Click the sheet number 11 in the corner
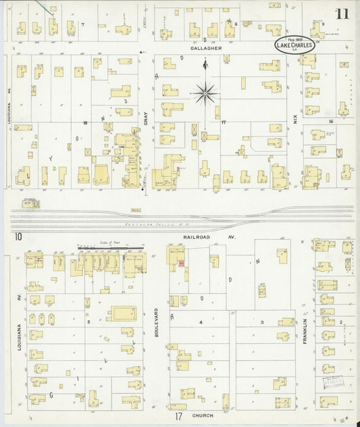coord(342,14)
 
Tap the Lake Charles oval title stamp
coord(294,45)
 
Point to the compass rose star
coord(205,93)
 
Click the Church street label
coord(203,416)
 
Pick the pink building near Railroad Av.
coord(180,262)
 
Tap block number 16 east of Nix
coord(331,122)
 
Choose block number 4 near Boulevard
coord(200,322)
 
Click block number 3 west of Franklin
coord(262,322)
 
